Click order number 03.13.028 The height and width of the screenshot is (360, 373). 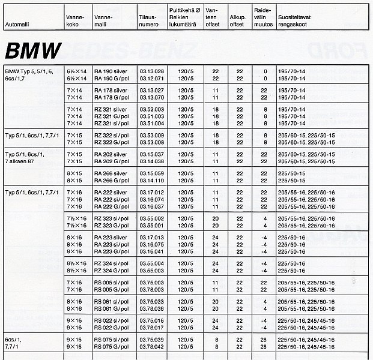tap(151, 71)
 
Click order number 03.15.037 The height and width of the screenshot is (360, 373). tap(151, 154)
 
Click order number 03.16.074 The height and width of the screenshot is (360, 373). tap(151, 199)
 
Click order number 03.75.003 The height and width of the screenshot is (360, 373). tap(151, 283)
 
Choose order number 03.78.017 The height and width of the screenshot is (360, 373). tap(151, 328)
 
